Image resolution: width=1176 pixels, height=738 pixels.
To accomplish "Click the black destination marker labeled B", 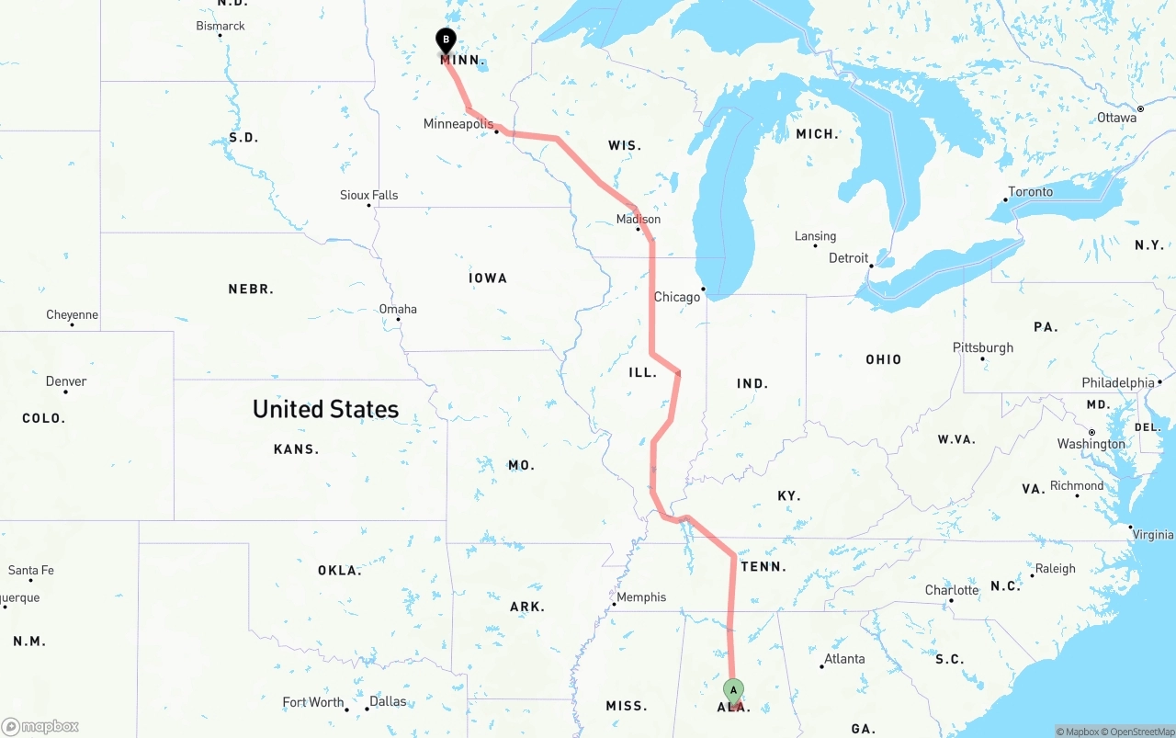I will [x=446, y=41].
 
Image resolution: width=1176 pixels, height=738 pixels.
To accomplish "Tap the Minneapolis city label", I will [x=458, y=124].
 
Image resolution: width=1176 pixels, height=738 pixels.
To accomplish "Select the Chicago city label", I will [x=676, y=297].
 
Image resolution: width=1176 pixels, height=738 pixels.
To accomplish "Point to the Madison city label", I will [x=639, y=220].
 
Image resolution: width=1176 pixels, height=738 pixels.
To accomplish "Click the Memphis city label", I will [x=641, y=597].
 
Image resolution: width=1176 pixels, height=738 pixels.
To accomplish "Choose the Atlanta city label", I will [x=844, y=659].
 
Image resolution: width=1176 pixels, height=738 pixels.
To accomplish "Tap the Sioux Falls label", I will [x=369, y=195].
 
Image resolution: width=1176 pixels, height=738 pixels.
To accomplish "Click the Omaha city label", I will [x=398, y=309].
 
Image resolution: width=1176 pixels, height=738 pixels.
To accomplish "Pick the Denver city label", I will [x=66, y=381].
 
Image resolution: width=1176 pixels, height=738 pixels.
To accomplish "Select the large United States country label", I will [x=325, y=409].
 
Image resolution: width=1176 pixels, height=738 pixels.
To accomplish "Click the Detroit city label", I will [x=848, y=258].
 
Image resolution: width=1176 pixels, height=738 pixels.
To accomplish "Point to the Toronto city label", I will [x=1031, y=192].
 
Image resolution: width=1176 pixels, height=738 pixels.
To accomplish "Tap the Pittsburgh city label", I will [x=983, y=347].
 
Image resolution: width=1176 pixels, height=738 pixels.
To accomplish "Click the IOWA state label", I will [x=487, y=278].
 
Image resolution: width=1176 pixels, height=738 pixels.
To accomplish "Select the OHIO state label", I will [x=883, y=359].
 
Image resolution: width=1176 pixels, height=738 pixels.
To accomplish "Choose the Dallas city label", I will [x=388, y=701].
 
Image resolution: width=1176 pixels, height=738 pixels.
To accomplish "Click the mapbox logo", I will [x=40, y=727].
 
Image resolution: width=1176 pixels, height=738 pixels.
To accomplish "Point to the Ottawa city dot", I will [x=1140, y=108].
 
